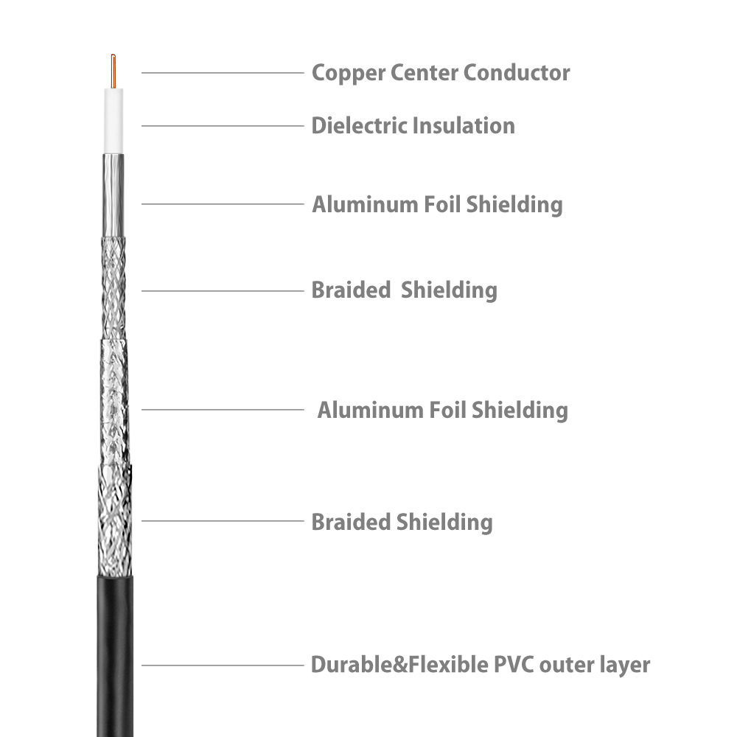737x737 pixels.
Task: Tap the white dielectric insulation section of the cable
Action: click(113, 121)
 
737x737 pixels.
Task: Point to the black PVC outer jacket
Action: click(115, 656)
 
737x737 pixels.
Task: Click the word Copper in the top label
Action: click(349, 73)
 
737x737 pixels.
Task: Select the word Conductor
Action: click(517, 72)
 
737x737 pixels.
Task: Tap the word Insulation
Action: click(464, 125)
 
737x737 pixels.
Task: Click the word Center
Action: click(425, 73)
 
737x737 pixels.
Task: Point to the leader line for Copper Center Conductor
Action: click(223, 73)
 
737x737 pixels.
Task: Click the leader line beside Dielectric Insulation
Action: click(223, 126)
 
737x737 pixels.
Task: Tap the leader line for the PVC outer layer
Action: click(223, 665)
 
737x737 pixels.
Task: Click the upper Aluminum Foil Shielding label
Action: click(437, 205)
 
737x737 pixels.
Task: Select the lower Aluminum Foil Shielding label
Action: click(443, 411)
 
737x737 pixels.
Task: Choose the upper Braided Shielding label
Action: click(404, 290)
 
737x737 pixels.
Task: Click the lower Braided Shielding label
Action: click(402, 523)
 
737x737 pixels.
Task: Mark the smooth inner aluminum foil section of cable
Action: click(113, 195)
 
